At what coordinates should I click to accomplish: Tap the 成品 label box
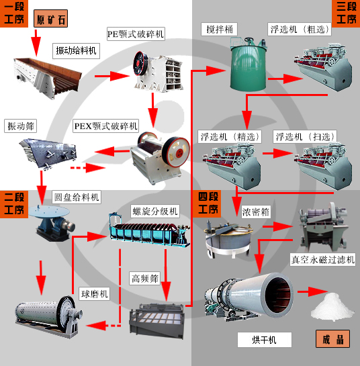pos(332,338)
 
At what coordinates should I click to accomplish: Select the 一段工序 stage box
pos(15,14)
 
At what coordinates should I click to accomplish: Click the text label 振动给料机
pos(76,50)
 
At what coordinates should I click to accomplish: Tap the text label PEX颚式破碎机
pos(105,126)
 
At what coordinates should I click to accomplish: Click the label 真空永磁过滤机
pos(322,259)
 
